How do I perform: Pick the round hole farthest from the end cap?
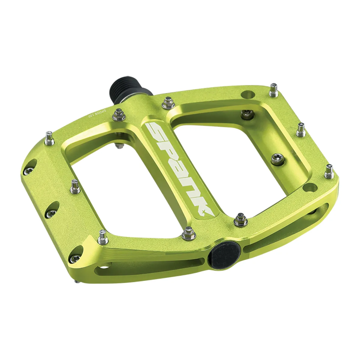247,94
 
